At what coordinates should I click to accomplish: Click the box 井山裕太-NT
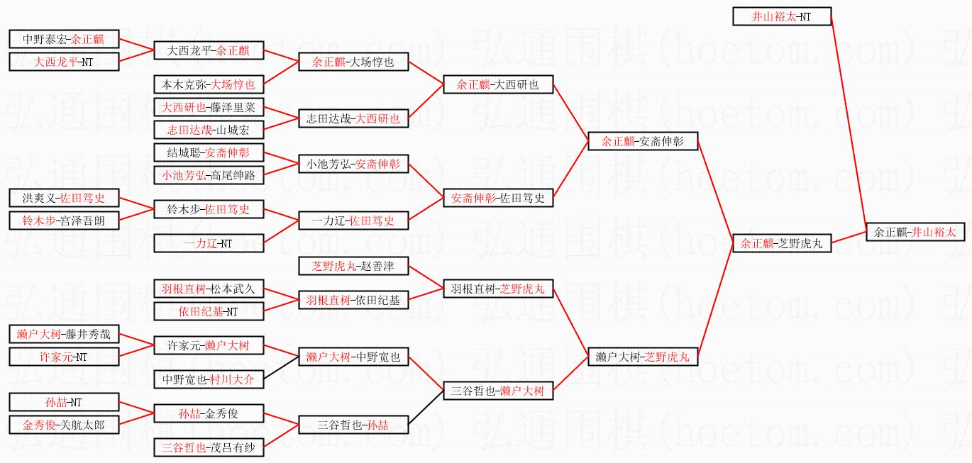(782, 16)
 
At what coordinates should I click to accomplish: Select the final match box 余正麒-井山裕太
(915, 232)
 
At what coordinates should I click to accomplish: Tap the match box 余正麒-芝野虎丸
(782, 243)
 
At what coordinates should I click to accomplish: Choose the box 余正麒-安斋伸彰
(643, 141)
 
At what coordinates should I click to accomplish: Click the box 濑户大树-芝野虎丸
(643, 357)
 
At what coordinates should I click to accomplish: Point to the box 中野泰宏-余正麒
(64, 39)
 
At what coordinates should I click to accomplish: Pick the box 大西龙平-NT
(64, 62)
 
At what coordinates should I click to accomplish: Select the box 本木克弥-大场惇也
(209, 84)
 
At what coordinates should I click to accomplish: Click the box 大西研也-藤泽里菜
(209, 107)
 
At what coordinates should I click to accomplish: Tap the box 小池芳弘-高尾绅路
(209, 175)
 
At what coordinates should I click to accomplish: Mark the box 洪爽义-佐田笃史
(64, 198)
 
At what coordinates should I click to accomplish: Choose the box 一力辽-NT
(209, 243)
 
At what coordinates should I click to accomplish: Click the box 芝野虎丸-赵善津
(353, 266)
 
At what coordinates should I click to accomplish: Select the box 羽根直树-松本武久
(209, 289)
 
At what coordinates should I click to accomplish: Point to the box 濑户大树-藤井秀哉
(64, 334)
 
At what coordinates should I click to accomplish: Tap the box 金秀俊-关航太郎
(64, 425)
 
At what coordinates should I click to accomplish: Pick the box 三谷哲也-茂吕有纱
(209, 447)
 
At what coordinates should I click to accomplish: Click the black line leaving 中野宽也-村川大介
(281, 368)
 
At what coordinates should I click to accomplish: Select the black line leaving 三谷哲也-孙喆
(426, 408)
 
